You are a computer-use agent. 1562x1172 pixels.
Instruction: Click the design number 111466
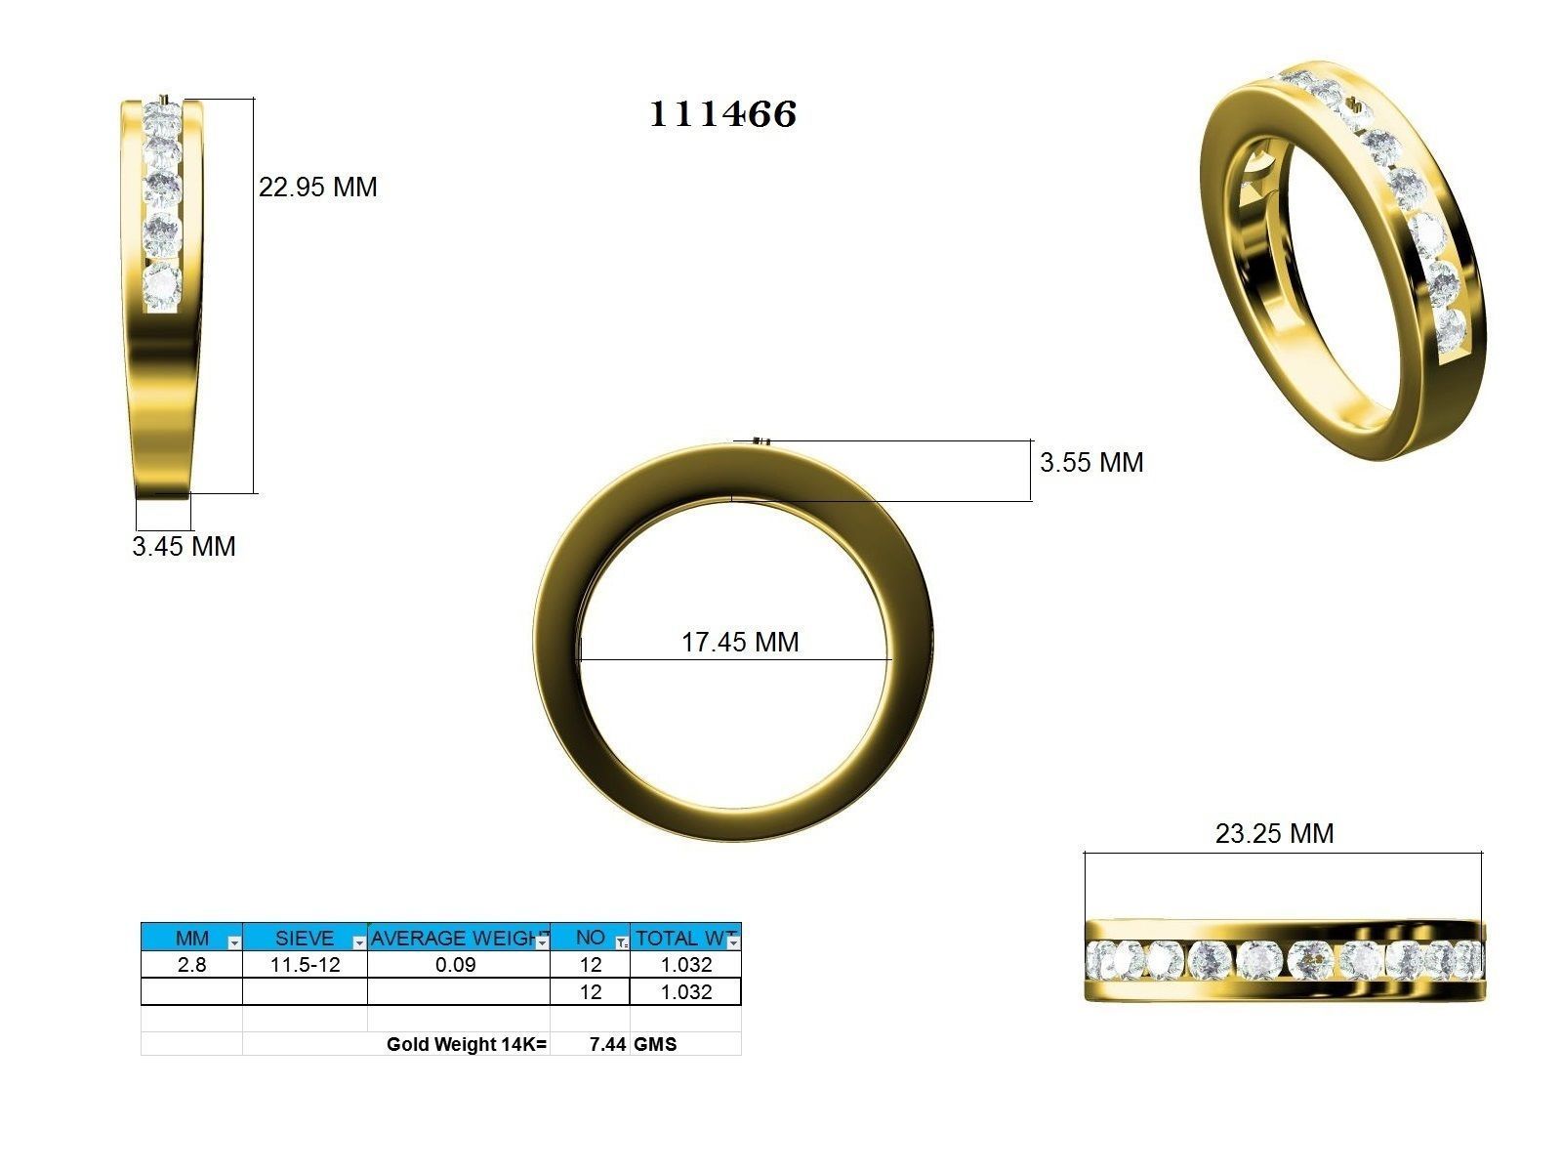tap(722, 114)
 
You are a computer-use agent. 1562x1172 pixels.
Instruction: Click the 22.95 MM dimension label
tap(317, 187)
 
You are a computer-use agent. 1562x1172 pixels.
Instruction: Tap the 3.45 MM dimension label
tap(184, 546)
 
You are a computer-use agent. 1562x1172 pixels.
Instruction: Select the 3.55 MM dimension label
tap(1090, 462)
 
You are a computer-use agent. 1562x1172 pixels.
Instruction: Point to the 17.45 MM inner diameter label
tap(739, 642)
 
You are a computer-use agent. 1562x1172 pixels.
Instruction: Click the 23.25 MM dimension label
tap(1273, 833)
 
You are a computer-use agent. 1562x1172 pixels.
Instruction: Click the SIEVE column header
tap(304, 938)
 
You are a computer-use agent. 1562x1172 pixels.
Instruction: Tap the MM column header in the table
tap(191, 938)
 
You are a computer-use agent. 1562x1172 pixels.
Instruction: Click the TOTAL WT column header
tap(680, 938)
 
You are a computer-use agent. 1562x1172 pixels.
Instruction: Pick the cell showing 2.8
tap(191, 965)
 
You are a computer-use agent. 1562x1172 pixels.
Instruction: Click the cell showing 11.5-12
tap(305, 965)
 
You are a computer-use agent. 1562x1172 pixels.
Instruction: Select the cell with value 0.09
tap(456, 965)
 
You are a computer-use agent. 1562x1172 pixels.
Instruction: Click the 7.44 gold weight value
tap(607, 1044)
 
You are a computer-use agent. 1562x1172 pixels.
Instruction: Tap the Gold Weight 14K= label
tap(467, 1044)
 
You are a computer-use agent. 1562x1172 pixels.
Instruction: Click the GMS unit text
tap(655, 1044)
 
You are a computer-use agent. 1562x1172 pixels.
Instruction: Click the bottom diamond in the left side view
tap(162, 285)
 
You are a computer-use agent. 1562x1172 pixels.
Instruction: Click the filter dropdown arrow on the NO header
tap(622, 942)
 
